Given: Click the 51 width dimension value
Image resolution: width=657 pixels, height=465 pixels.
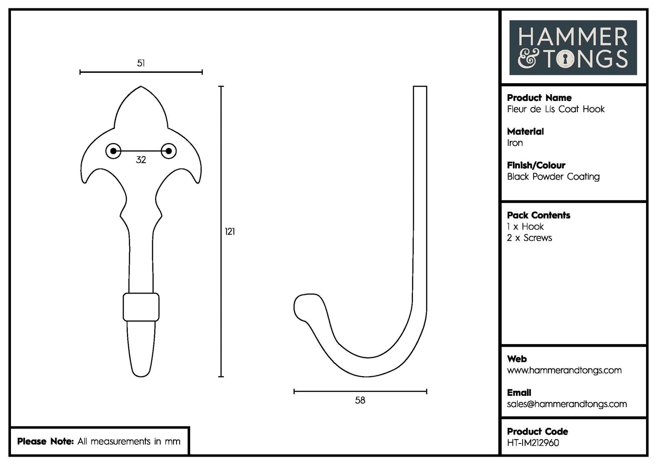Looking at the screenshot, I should (141, 63).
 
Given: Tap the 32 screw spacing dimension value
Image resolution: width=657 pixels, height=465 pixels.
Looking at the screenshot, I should (141, 160).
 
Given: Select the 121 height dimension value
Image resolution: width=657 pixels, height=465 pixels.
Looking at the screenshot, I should (230, 231).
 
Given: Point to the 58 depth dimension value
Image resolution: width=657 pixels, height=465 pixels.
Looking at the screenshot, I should (360, 400).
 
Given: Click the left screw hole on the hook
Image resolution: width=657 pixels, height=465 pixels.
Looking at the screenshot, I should (113, 151).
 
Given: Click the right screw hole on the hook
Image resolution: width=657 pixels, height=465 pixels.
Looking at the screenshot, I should (168, 151).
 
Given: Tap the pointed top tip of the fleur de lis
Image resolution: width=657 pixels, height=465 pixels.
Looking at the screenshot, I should (141, 87).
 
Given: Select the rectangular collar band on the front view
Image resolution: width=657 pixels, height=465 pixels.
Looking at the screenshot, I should (141, 307).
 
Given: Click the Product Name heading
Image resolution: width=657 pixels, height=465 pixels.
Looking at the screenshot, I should (539, 98).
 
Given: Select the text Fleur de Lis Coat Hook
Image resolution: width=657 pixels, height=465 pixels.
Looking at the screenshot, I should (555, 109).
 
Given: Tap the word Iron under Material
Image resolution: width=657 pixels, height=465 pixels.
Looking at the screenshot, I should (515, 143).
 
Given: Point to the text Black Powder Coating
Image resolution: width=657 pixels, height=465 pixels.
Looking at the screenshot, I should (553, 177).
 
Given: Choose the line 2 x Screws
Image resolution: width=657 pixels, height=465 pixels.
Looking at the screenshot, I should (529, 238).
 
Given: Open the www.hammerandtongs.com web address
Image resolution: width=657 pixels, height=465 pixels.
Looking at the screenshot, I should (564, 370).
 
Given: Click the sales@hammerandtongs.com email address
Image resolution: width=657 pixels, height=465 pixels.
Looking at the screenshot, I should (567, 404).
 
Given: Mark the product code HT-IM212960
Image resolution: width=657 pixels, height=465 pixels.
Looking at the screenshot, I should (533, 443).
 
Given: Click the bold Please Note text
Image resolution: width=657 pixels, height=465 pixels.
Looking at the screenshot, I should (45, 441).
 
